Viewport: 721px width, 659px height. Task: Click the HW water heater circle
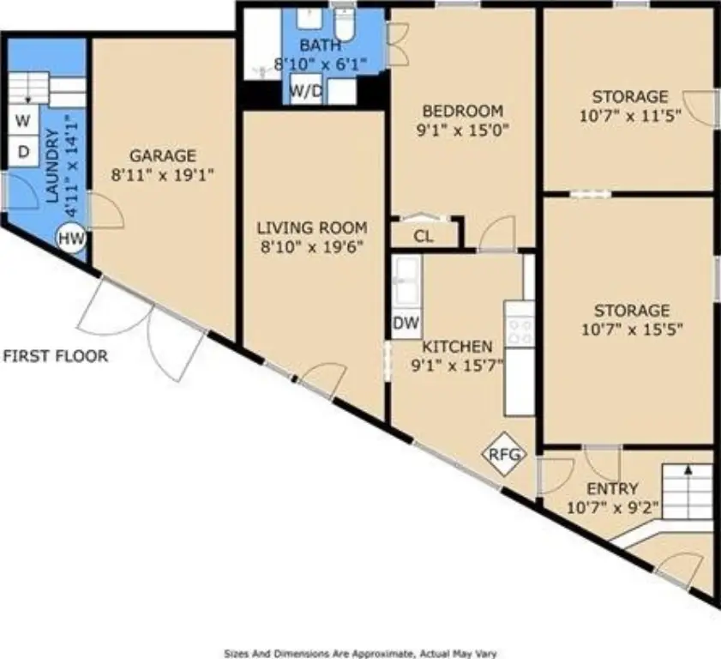pos(71,239)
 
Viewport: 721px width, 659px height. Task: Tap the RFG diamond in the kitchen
pos(504,454)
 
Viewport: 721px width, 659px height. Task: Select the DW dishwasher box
pos(406,323)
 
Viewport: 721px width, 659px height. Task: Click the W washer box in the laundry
pos(23,121)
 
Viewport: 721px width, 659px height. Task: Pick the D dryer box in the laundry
pos(23,151)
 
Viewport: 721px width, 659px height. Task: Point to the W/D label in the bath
pos(306,91)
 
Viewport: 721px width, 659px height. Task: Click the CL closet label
pos(423,237)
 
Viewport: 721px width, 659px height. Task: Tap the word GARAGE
pos(163,155)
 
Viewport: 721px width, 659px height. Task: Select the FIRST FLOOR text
pos(56,356)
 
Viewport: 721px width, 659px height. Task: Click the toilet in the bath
pos(345,24)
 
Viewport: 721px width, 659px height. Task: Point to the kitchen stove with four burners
pos(520,324)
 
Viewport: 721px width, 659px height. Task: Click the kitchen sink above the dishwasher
pos(406,281)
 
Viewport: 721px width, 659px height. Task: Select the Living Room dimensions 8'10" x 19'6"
pos(312,248)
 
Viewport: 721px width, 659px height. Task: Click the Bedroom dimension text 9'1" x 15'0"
pos(463,130)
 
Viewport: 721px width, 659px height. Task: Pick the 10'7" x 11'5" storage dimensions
pos(630,116)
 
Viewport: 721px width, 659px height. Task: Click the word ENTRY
pos(612,488)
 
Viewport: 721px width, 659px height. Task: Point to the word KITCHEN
pos(457,346)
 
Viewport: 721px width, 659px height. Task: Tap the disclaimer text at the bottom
pos(360,654)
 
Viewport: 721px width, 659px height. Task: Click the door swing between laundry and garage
pos(106,211)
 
